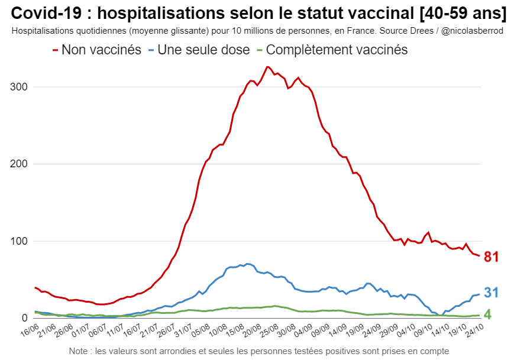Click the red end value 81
tap(492, 257)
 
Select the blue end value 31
tap(492, 293)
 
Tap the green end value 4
tap(488, 314)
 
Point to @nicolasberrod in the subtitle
tap(473, 30)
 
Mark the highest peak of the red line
tap(267, 67)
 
